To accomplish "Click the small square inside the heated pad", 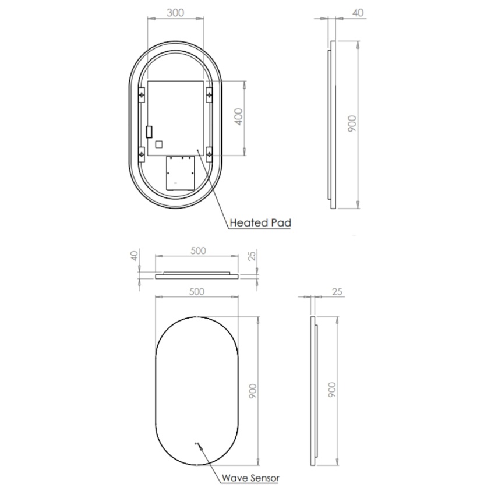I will coord(160,143).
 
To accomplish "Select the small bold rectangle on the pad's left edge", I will coord(149,132).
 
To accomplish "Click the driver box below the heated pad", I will coord(179,173).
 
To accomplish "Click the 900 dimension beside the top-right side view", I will coord(352,123).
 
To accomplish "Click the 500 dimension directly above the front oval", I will coord(197,292).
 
